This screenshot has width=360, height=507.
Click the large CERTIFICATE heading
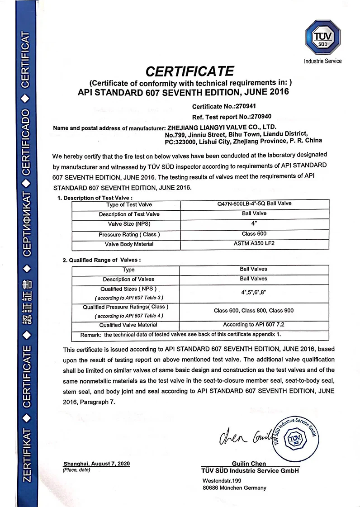tap(189, 71)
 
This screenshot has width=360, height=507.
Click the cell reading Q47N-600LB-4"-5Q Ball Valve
tap(254, 204)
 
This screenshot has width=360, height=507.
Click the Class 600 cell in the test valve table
tap(254, 234)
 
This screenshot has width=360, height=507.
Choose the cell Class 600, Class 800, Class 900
tap(254, 311)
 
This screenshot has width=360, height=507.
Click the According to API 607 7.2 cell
tap(254, 325)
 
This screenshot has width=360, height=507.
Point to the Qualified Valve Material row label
tap(128, 325)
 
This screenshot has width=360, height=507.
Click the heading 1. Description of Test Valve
tap(95, 198)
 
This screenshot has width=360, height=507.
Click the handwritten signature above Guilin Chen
tap(244, 436)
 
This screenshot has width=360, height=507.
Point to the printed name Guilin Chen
tap(249, 464)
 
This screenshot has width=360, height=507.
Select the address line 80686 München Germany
tap(234, 488)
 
